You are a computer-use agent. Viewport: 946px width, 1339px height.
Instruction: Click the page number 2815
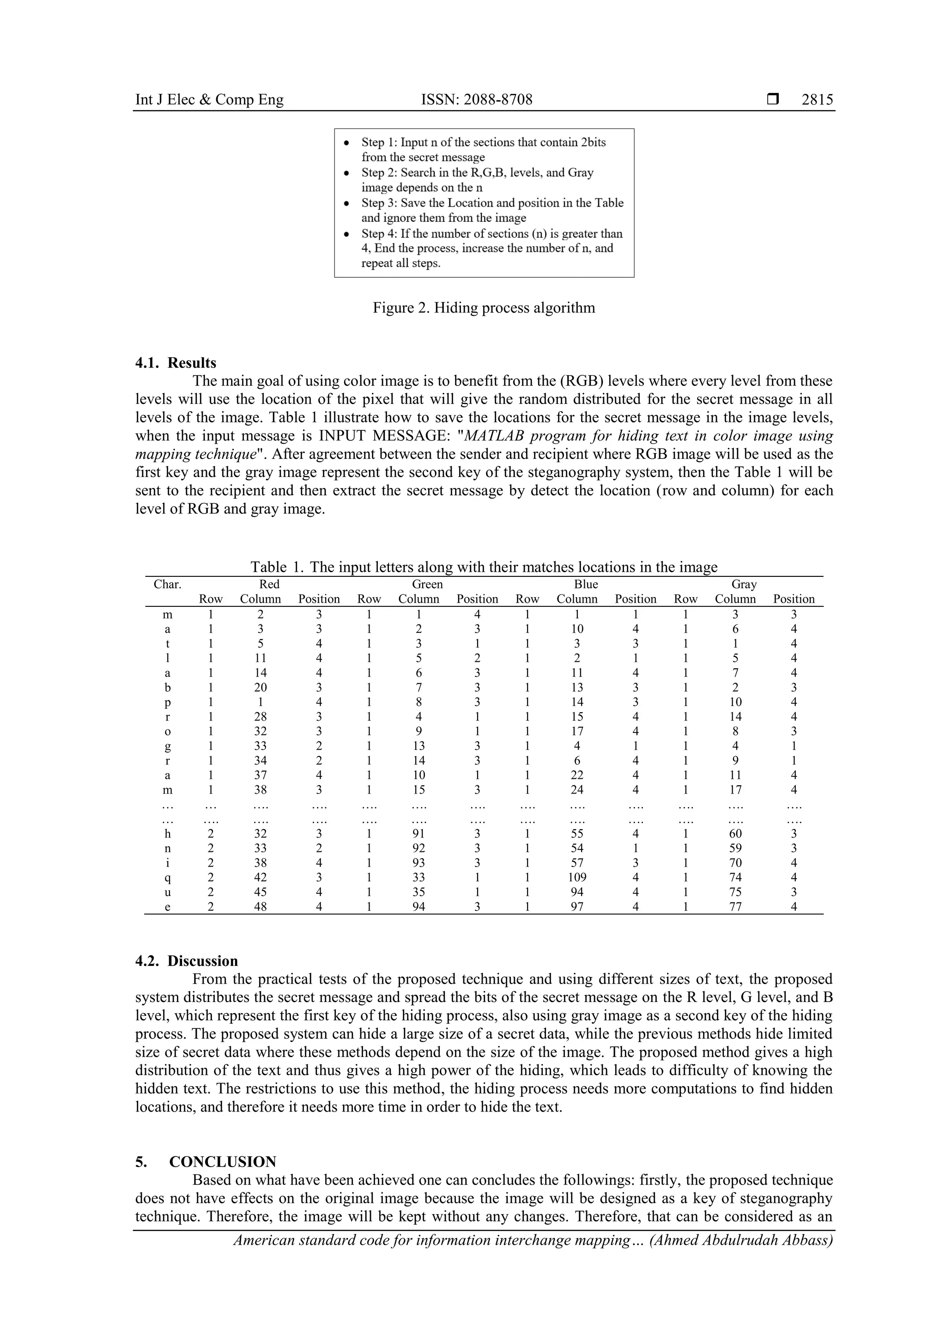(817, 100)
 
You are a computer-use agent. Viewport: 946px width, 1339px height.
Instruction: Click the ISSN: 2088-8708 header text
(476, 100)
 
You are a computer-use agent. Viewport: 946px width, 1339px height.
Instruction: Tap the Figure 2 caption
(484, 307)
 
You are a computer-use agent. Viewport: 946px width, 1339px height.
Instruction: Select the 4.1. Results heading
(176, 363)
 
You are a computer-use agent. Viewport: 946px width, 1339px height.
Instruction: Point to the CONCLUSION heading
(223, 1145)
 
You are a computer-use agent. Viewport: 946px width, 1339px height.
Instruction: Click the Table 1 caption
(484, 567)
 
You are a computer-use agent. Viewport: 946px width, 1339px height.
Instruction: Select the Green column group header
(427, 584)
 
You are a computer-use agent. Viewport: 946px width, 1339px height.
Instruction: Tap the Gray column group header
(744, 584)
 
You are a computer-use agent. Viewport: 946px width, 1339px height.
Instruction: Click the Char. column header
(167, 584)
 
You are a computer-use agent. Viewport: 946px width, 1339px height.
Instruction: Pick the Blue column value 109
(577, 877)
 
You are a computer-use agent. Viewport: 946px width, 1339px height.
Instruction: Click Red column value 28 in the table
(261, 717)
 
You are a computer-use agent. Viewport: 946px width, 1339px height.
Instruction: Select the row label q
(168, 878)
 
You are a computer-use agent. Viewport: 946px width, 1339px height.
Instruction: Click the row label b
(168, 688)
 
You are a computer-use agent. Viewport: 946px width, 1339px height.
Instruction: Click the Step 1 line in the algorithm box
(483, 142)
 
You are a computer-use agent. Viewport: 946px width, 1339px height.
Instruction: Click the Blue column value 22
(577, 775)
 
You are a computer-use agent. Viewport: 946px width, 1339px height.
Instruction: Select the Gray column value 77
(735, 906)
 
